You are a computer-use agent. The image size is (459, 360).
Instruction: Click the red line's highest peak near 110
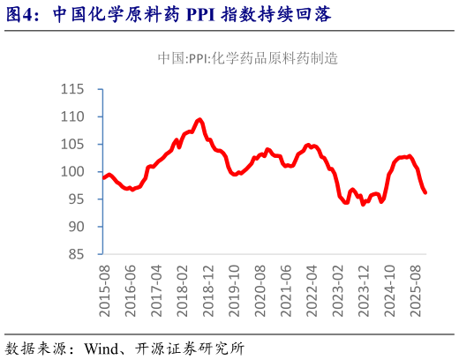tap(199, 119)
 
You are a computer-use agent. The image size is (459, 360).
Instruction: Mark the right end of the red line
tap(426, 192)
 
